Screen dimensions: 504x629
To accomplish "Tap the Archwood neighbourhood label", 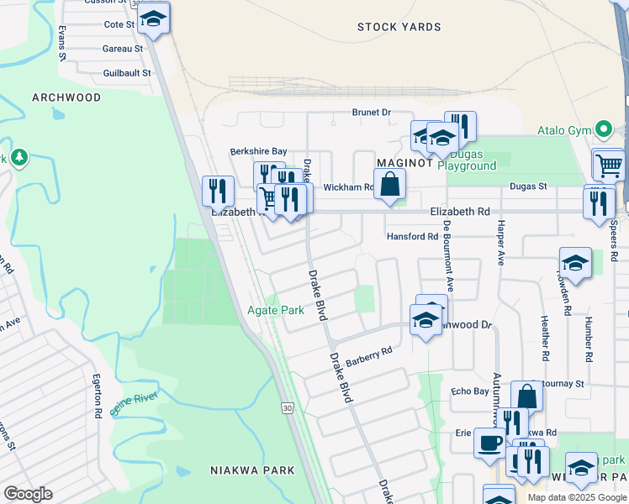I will pos(66,97).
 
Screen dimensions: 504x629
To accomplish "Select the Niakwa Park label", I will pos(252,470).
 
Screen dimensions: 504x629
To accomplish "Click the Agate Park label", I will pos(275,310).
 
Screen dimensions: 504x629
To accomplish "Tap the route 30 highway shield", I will pos(288,407).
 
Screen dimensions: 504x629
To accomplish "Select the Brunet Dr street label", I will pos(372,112).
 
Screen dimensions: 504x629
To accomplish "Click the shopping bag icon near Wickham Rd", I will pos(390,184).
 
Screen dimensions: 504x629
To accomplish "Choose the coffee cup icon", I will pos(489,442).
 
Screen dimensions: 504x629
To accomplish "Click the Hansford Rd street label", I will pos(412,237).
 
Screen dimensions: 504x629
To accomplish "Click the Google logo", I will pos(28,493).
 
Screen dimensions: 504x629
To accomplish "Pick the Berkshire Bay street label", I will pos(258,151).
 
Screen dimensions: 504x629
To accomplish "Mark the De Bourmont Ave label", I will pos(448,255).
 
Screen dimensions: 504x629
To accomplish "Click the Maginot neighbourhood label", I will pos(404,162).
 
